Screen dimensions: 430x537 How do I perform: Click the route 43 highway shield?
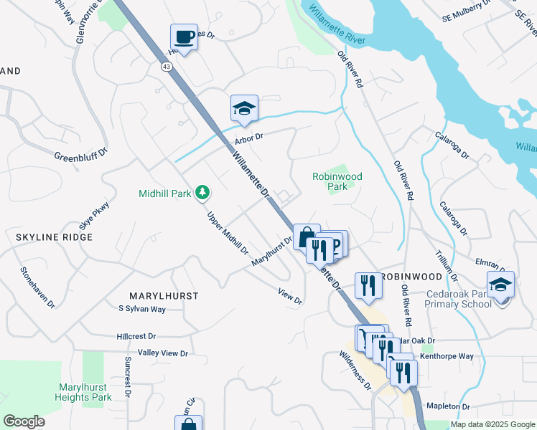click(x=167, y=66)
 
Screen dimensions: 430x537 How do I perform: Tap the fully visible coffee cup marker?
click(x=184, y=37)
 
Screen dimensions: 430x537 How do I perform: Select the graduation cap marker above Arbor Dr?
click(x=243, y=108)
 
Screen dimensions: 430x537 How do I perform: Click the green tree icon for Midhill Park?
click(x=203, y=192)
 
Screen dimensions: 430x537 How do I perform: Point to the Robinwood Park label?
click(x=337, y=181)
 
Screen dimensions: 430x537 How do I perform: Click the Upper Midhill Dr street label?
click(x=227, y=234)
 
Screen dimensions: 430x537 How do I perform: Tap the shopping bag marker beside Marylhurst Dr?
click(x=307, y=236)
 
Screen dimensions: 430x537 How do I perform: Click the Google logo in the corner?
click(x=24, y=421)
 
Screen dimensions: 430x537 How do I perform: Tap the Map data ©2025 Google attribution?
click(x=492, y=424)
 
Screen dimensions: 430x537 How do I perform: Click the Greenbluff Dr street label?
click(x=80, y=154)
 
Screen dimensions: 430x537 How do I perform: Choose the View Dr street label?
click(x=291, y=297)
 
